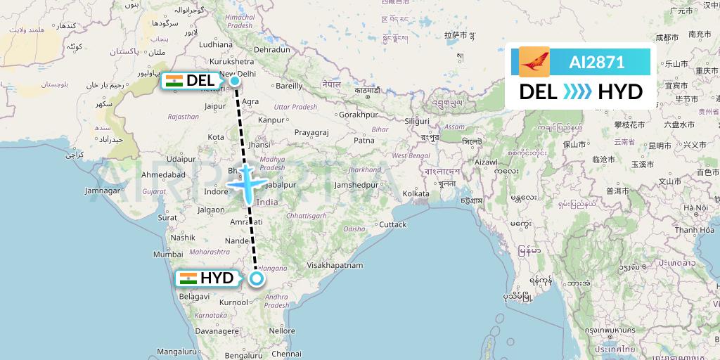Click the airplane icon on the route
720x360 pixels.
pos(247,184)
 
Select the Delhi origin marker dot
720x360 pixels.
pos(234,81)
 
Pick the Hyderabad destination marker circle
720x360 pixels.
pos(257,278)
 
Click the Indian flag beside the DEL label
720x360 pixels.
pos(174,81)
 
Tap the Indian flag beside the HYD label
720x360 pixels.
pos(188,278)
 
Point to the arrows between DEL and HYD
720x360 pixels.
pos(577,91)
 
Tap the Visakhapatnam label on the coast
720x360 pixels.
pos(335,266)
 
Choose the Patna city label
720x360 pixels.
pos(364,140)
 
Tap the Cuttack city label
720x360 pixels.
pos(393,225)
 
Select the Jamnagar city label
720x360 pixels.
pos(103,191)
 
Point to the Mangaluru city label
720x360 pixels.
pos(176,351)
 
